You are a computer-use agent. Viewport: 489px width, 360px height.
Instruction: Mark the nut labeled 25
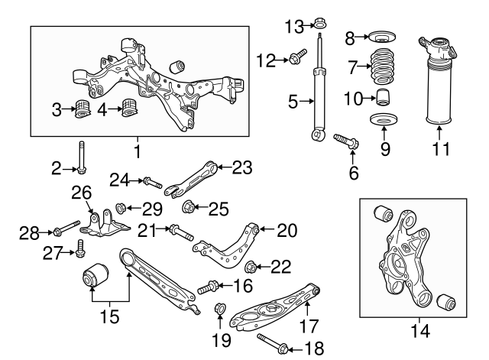click(x=189, y=206)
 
